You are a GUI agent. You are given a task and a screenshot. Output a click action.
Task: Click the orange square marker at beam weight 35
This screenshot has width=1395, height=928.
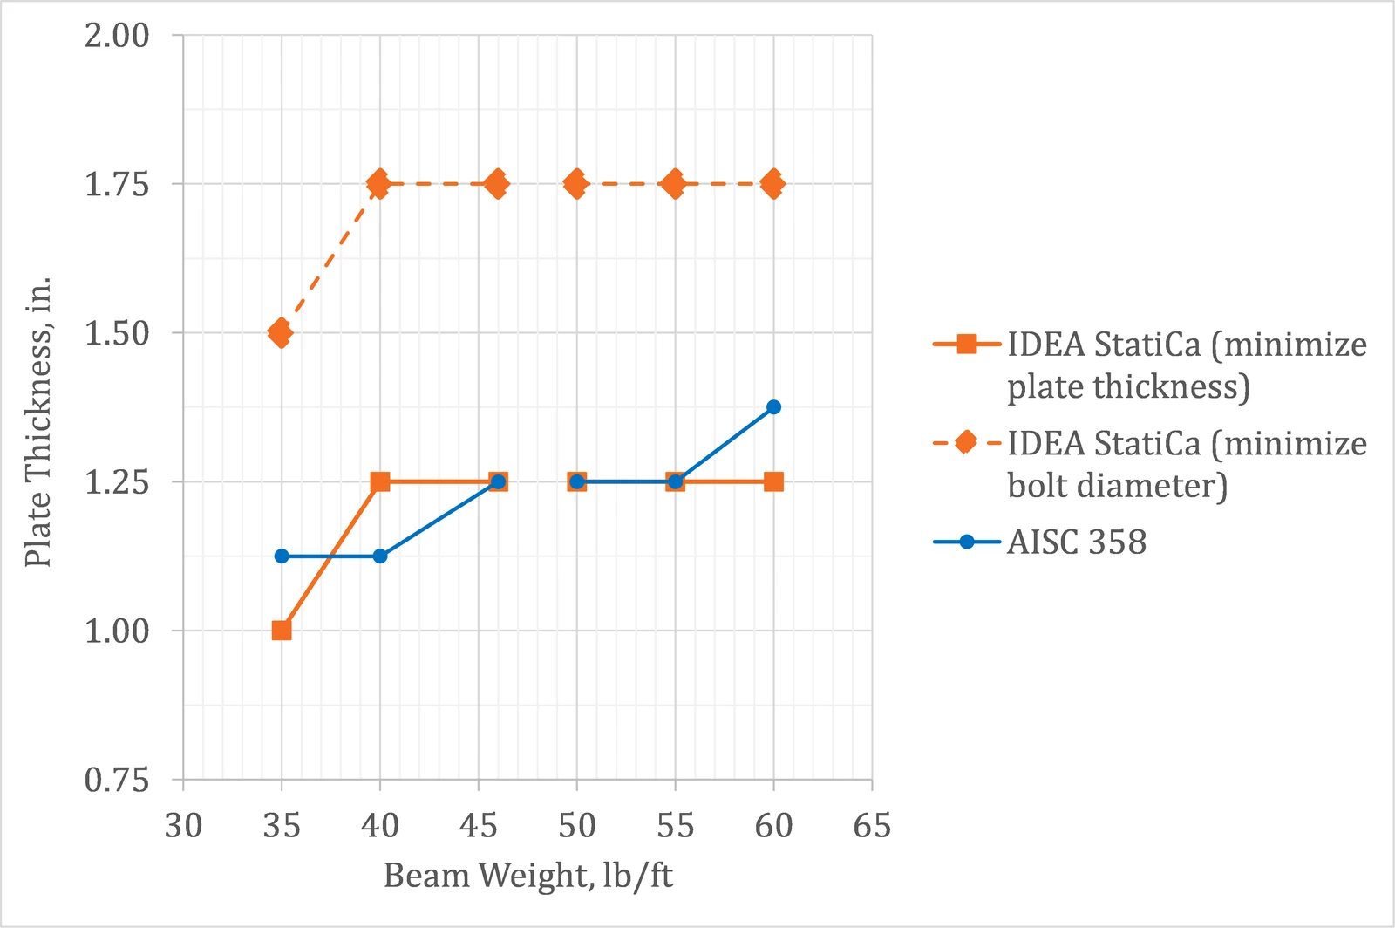[282, 631]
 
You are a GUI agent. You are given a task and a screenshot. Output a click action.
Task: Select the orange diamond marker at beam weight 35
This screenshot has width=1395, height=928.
[281, 333]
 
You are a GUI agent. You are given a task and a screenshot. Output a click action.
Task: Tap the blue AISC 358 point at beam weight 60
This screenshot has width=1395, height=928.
[773, 407]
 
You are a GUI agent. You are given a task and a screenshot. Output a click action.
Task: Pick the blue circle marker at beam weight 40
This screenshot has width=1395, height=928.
[380, 556]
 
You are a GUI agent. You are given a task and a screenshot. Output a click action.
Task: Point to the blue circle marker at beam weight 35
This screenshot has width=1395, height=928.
[282, 556]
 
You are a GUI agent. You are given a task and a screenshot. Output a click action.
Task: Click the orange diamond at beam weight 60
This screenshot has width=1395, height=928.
[773, 184]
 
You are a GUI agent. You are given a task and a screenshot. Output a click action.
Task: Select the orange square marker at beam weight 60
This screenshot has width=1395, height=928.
[773, 481]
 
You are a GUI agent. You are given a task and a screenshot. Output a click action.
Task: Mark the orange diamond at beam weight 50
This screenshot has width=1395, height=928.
[576, 184]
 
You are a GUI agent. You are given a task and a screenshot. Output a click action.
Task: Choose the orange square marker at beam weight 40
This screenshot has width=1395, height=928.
[380, 481]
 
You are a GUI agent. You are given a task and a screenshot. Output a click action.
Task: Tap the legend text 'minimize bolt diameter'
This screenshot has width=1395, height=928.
[1187, 464]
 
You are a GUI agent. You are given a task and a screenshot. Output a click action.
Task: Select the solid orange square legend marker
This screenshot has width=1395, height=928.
[967, 344]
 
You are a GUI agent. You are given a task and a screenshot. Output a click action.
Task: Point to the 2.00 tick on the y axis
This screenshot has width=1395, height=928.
[117, 35]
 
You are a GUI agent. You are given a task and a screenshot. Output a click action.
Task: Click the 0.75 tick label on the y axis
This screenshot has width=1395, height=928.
[117, 780]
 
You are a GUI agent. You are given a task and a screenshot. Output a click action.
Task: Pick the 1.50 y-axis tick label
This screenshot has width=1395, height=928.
[117, 333]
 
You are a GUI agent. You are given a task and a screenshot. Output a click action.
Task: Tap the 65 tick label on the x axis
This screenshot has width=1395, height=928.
[872, 826]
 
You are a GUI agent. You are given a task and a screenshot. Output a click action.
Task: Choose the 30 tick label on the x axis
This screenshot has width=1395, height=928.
[183, 826]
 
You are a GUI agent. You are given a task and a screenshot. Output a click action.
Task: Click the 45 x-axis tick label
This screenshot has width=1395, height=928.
[479, 826]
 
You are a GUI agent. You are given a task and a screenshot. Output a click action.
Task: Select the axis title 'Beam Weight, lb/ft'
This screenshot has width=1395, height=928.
[528, 876]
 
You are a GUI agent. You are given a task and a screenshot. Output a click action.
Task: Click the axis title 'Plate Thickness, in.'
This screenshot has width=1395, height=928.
[37, 421]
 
